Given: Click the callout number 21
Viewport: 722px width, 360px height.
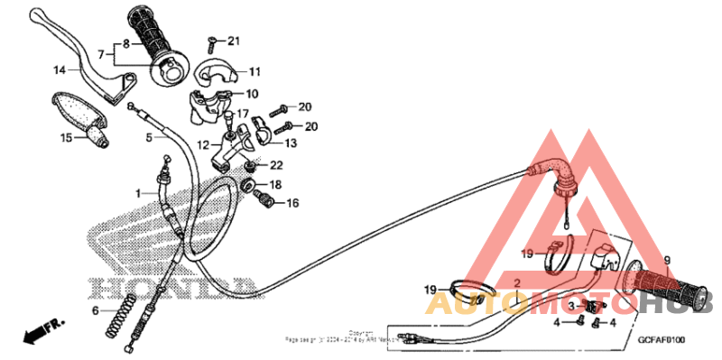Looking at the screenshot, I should (234, 41).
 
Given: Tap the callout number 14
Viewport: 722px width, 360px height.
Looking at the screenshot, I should (59, 69).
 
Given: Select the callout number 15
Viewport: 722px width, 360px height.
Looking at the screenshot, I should (65, 138).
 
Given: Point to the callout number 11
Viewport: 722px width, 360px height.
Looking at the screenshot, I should (254, 71).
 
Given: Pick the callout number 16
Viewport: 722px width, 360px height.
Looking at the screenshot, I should (292, 204).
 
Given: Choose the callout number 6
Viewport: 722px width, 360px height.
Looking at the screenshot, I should (95, 310).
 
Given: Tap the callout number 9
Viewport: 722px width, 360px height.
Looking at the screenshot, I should (668, 262).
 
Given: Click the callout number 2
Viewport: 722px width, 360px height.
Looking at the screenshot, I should (517, 284).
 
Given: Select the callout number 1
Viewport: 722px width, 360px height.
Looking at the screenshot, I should (140, 193).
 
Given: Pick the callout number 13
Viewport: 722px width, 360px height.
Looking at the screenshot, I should (290, 143).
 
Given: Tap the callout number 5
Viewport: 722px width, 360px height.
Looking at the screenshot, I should (150, 138).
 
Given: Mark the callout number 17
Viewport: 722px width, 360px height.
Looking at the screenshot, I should (242, 115).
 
